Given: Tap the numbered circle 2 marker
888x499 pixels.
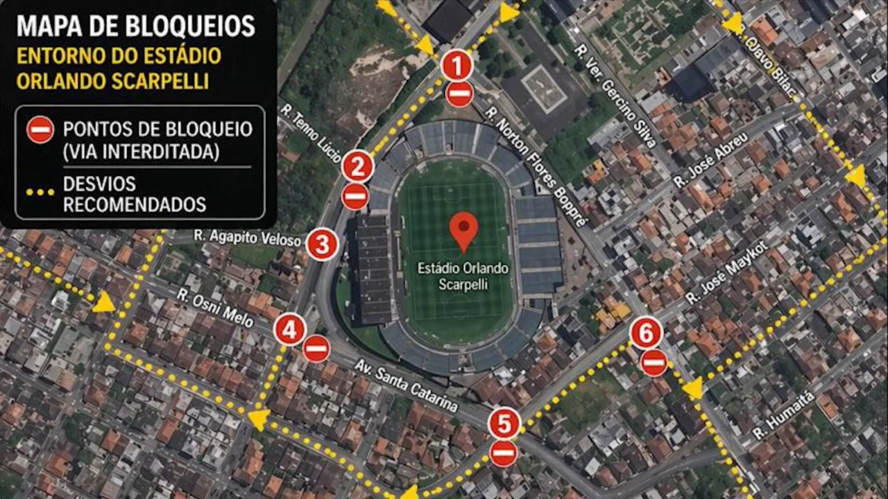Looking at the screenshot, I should point(358,166).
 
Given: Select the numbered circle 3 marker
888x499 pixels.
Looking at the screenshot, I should point(323,244).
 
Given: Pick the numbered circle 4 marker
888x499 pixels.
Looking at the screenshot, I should point(290,330).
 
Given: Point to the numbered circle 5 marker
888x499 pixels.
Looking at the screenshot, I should point(504,423).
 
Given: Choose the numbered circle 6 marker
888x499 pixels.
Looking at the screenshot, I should point(646,335).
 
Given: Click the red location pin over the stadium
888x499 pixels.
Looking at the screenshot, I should point(463,231).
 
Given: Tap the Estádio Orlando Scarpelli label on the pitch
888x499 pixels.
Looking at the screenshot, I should point(463,276).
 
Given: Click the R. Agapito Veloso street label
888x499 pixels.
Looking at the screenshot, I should point(248,238).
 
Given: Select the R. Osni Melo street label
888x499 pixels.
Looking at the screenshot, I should point(214,304).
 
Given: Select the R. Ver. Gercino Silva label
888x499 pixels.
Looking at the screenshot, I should point(615,95).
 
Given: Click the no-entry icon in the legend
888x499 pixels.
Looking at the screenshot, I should point(40,130).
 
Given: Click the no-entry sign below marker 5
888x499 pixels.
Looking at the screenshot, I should point(503,453).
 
